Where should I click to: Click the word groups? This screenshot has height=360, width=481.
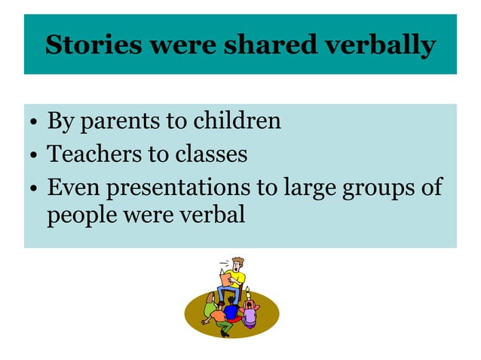click(385, 188)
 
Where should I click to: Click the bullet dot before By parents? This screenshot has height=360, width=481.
click(34, 123)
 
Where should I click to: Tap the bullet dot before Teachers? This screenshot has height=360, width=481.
click(34, 156)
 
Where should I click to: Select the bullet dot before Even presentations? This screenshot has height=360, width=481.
click(34, 189)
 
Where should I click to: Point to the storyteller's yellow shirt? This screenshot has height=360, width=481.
click(238, 279)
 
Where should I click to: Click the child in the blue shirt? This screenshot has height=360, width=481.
click(231, 310)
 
